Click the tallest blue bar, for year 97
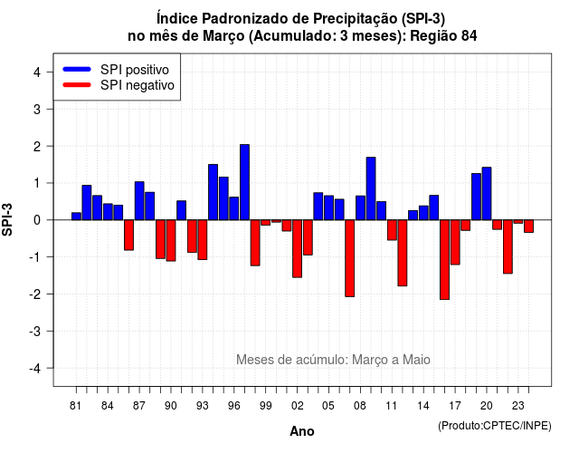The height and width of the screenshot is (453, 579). pyautogui.click(x=244, y=182)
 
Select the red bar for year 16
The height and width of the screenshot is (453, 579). pyautogui.click(x=444, y=260)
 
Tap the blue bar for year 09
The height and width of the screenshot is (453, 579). pyautogui.click(x=371, y=188)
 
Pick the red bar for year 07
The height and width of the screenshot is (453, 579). pyautogui.click(x=350, y=258)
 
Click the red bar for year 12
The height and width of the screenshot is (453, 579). pyautogui.click(x=403, y=253)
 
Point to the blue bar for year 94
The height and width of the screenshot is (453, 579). pyautogui.click(x=214, y=192)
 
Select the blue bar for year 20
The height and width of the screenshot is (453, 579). pyautogui.click(x=487, y=193)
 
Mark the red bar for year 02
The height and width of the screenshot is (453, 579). pyautogui.click(x=298, y=248)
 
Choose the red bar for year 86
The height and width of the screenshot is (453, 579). pyautogui.click(x=128, y=236)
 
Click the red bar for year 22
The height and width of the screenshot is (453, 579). pyautogui.click(x=508, y=246)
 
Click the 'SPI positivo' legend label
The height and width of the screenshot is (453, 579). pyautogui.click(x=135, y=70)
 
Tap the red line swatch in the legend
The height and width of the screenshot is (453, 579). pyautogui.click(x=77, y=84)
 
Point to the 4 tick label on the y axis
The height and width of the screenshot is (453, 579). pyautogui.click(x=37, y=72)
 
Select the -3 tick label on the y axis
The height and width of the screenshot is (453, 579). pyautogui.click(x=34, y=331)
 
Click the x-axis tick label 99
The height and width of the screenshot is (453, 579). pyautogui.click(x=265, y=406)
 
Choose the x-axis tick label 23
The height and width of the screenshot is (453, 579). pyautogui.click(x=518, y=406)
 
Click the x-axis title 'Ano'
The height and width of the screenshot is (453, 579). pyautogui.click(x=302, y=431)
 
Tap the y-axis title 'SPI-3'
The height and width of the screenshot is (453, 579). pyautogui.click(x=7, y=219)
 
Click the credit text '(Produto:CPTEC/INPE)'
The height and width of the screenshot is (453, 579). pyautogui.click(x=495, y=426)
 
